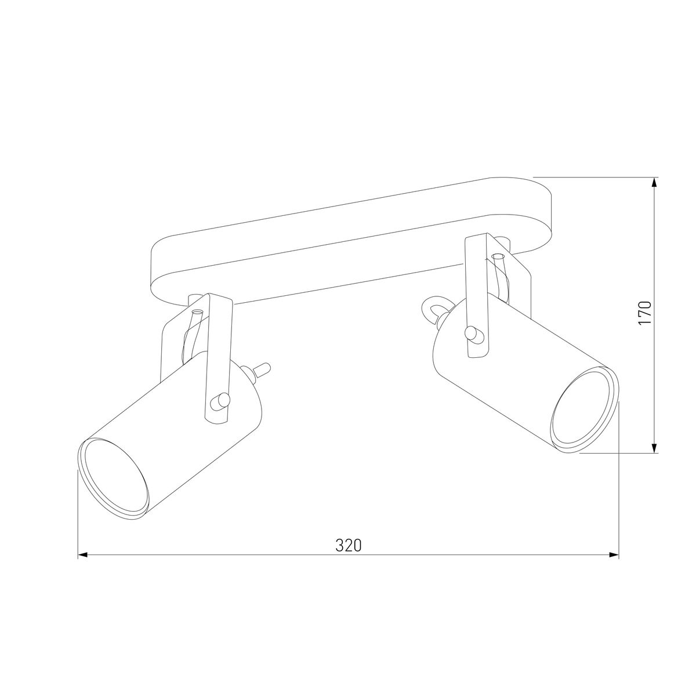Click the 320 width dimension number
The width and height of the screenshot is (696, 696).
(x=348, y=545)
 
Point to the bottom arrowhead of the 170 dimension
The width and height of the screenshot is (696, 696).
(x=655, y=448)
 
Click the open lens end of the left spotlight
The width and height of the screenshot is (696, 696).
(x=113, y=477)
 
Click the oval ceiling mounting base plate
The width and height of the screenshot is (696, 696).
(x=348, y=244)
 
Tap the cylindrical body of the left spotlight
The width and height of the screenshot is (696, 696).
(x=174, y=429)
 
